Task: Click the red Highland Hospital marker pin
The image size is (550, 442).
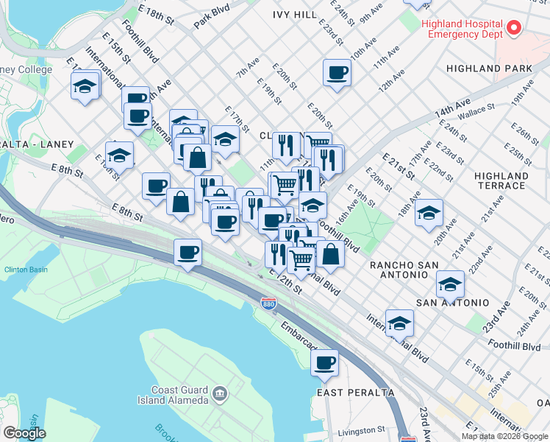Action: (515, 29)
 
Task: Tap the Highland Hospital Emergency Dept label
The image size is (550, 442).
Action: (462, 28)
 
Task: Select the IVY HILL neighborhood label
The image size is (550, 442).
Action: (294, 15)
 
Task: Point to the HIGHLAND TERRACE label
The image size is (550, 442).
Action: (501, 181)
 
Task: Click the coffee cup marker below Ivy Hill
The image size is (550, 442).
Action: (337, 73)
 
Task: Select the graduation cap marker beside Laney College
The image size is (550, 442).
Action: (85, 86)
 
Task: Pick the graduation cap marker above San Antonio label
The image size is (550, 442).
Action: (450, 284)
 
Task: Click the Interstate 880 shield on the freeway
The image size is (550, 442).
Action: (268, 304)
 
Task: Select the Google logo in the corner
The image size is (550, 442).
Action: (24, 433)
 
